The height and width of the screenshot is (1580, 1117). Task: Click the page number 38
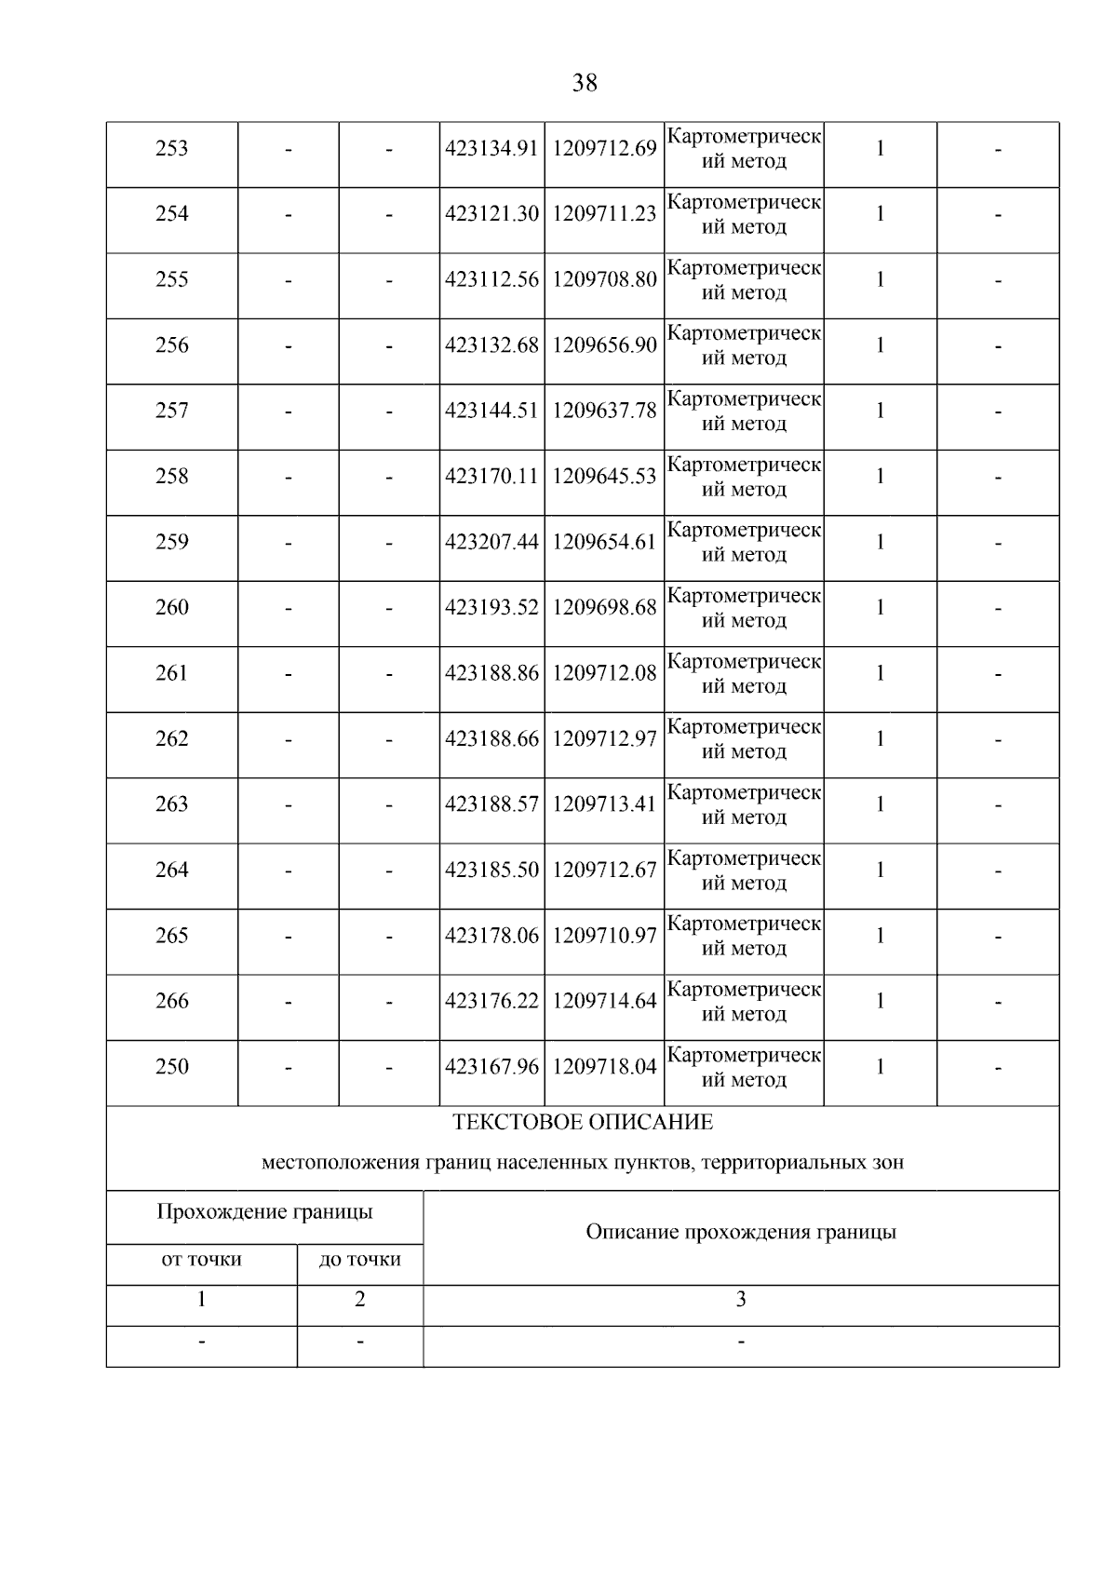click(585, 83)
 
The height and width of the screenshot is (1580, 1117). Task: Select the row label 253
click(171, 149)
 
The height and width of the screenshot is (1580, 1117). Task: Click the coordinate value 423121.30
click(491, 214)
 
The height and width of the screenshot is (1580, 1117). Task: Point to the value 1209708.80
click(604, 279)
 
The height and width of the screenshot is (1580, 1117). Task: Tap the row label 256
click(171, 345)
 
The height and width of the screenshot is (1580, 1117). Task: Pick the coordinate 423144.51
click(491, 411)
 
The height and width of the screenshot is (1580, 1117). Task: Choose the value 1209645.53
click(604, 477)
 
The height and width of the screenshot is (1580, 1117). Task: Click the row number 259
click(171, 542)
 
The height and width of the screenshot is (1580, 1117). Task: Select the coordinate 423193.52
click(491, 608)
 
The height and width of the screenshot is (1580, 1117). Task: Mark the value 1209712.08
click(604, 673)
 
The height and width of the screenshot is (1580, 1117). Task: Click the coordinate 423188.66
click(491, 739)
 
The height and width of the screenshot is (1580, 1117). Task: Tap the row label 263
click(171, 804)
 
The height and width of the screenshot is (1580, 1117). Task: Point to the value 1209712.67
click(604, 871)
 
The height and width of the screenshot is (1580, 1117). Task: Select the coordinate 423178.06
click(491, 936)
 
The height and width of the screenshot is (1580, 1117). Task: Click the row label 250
click(171, 1067)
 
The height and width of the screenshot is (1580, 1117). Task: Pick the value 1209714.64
click(604, 1002)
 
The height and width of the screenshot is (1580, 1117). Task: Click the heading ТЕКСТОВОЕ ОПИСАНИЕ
click(583, 1123)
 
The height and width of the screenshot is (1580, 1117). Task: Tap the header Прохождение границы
click(264, 1212)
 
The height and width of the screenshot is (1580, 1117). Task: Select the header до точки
click(359, 1260)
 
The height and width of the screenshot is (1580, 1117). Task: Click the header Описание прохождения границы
click(741, 1233)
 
